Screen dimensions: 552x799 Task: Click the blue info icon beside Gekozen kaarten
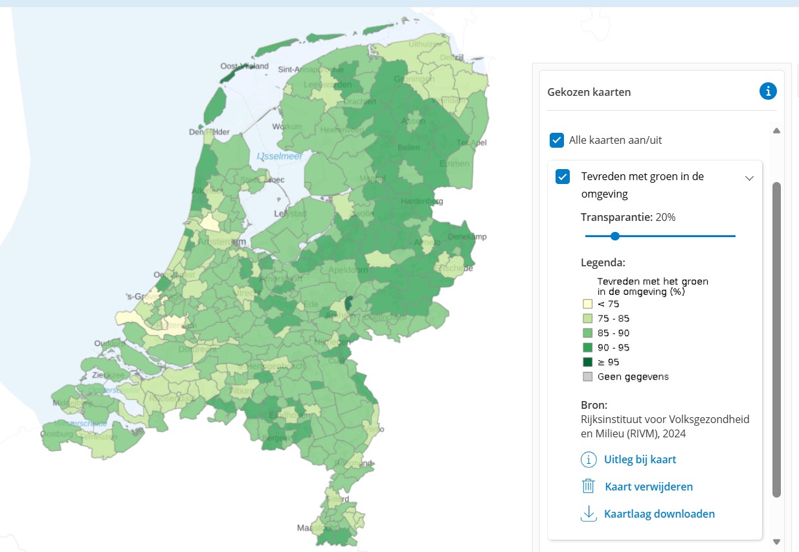767,91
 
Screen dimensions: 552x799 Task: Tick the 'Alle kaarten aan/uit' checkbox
556,140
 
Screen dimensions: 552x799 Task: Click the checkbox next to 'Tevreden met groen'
563,176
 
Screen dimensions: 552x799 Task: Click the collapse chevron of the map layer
749,178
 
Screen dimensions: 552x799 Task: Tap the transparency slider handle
615,236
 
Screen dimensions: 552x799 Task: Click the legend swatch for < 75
587,304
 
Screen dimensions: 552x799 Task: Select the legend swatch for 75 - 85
587,319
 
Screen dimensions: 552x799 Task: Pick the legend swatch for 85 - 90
587,333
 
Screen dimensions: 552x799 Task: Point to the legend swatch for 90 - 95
587,348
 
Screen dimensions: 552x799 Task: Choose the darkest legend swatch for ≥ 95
587,362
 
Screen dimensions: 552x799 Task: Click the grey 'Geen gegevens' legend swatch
587,376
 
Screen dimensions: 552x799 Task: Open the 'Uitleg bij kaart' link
640,460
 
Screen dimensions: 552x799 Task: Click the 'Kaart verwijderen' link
648,487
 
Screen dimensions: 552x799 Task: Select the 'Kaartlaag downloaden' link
659,514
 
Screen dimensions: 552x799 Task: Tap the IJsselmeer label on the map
280,156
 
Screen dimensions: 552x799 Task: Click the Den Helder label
209,132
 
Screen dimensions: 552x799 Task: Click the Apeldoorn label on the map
343,269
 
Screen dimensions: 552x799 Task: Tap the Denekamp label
467,237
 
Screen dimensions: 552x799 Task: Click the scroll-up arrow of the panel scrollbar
776,131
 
